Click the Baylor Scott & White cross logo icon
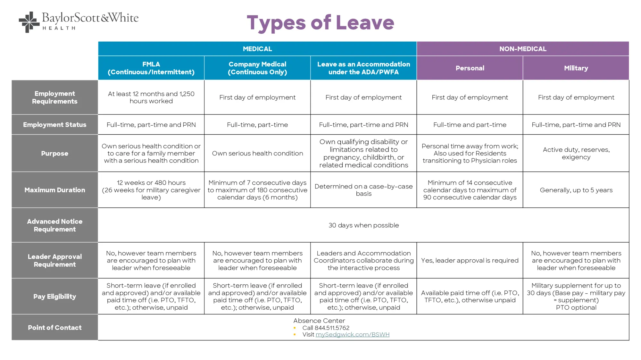pyautogui.click(x=29, y=22)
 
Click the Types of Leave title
pyautogui.click(x=320, y=23)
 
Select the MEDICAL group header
pyautogui.click(x=257, y=49)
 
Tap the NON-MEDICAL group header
pyautogui.click(x=523, y=49)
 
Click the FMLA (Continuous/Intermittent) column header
pyautogui.click(x=151, y=68)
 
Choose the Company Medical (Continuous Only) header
pyautogui.click(x=257, y=68)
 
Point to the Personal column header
pyautogui.click(x=470, y=68)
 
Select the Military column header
pyautogui.click(x=576, y=68)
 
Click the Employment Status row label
pyautogui.click(x=55, y=125)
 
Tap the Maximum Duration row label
pyautogui.click(x=55, y=190)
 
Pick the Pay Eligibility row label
pyautogui.click(x=55, y=296)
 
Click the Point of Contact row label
pyautogui.click(x=55, y=327)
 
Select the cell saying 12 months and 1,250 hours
pyautogui.click(x=151, y=97)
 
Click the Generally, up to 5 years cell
pyautogui.click(x=576, y=190)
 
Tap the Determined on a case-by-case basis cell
pyautogui.click(x=363, y=190)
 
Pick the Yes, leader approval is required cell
pyautogui.click(x=470, y=260)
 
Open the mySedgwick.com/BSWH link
pyautogui.click(x=352, y=334)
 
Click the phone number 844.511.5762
pyautogui.click(x=332, y=328)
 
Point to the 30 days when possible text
pyautogui.click(x=363, y=225)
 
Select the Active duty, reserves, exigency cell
pyautogui.click(x=576, y=153)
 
